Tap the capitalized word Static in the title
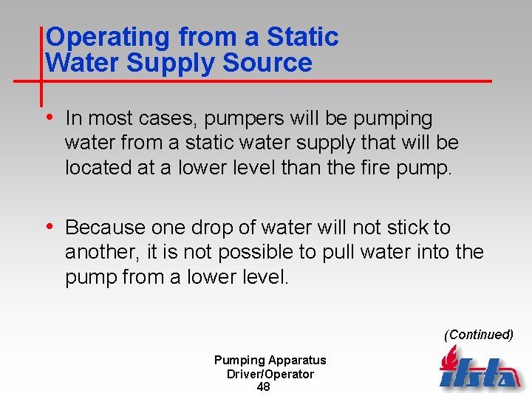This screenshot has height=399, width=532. tap(303, 37)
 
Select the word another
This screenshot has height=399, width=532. tap(97, 252)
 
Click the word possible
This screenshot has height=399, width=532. tap(253, 252)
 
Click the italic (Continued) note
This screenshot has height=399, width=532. tap(478, 334)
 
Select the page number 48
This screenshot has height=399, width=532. tap(264, 387)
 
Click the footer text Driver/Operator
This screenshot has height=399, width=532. tap(270, 374)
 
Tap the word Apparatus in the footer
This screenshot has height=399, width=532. tap(297, 360)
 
